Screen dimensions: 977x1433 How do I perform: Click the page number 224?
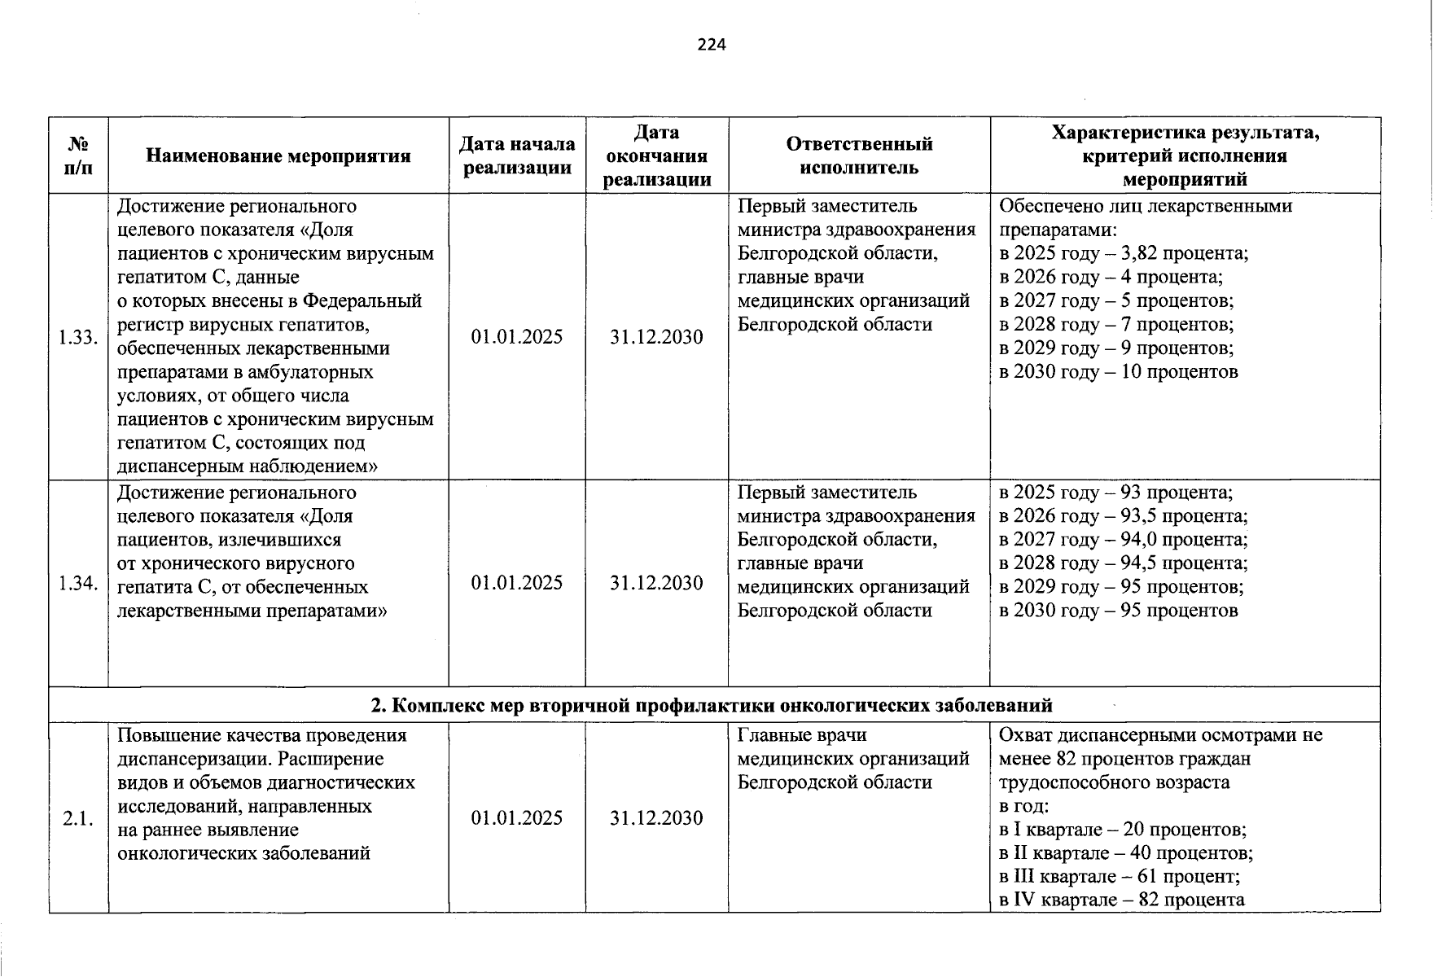pyautogui.click(x=711, y=45)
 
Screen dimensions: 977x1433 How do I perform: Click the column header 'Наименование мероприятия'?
pyautogui.click(x=278, y=156)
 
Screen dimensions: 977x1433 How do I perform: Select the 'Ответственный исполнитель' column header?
pyautogui.click(x=858, y=156)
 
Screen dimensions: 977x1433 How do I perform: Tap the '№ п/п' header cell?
pyautogui.click(x=78, y=156)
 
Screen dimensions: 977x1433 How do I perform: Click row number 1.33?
pyautogui.click(x=78, y=337)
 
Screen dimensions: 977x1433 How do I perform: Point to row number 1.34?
pyautogui.click(x=78, y=583)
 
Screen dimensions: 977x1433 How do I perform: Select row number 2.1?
pyautogui.click(x=78, y=818)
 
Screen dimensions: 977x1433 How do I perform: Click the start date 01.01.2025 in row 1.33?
pyautogui.click(x=516, y=337)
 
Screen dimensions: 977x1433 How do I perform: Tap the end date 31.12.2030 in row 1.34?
pyautogui.click(x=656, y=583)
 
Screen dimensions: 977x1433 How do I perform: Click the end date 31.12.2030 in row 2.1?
pyautogui.click(x=656, y=818)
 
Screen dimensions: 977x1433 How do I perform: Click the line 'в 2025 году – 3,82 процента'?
pyautogui.click(x=1124, y=253)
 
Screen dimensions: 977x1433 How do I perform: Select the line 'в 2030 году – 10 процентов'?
pyautogui.click(x=1119, y=372)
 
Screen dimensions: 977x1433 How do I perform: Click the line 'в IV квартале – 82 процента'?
pyautogui.click(x=1122, y=900)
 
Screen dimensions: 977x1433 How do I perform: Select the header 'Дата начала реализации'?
pyautogui.click(x=516, y=156)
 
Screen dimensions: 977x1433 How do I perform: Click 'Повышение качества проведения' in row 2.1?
pyautogui.click(x=262, y=735)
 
